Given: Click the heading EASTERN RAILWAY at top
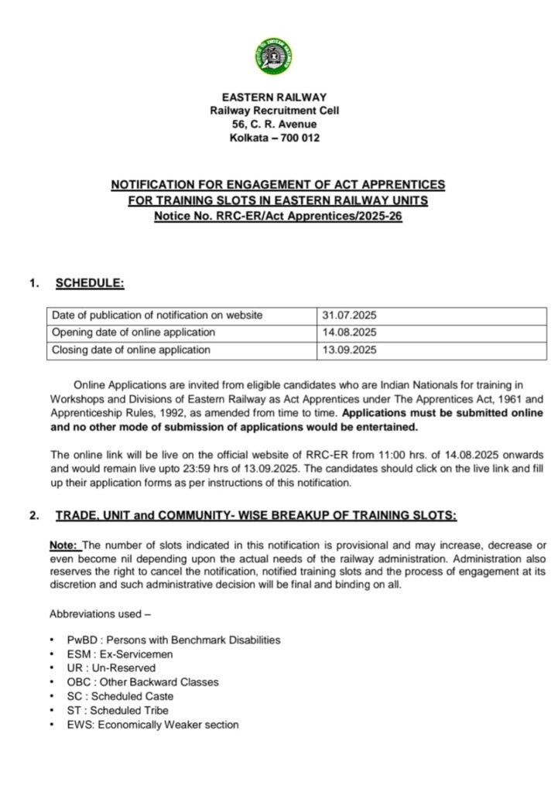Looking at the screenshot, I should (274, 97).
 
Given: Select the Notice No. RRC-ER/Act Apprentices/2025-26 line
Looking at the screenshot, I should (278, 216).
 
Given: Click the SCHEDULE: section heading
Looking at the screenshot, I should (90, 283).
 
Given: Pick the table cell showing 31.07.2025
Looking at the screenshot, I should (349, 316).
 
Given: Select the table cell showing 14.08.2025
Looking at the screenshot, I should (349, 333).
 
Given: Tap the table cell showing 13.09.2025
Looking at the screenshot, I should (349, 350).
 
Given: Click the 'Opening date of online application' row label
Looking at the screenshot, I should (133, 333).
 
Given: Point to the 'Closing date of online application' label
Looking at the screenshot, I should (131, 350).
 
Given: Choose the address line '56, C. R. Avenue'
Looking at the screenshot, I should (274, 125).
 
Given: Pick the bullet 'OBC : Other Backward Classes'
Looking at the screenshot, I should (142, 682).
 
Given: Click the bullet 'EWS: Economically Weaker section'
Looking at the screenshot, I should (152, 725).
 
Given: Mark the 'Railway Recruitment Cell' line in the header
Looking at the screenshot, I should (274, 111).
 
